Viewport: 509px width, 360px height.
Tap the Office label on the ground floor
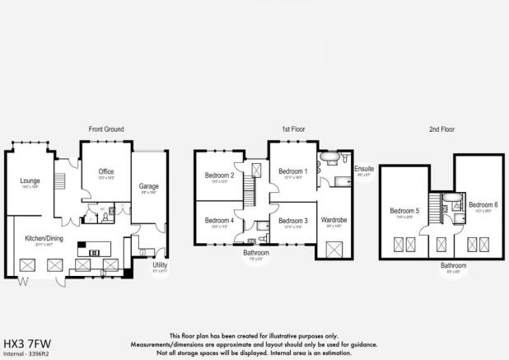pyautogui.click(x=105, y=171)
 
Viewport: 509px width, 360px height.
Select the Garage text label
pyautogui.click(x=148, y=186)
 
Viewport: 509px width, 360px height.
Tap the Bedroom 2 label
pyautogui.click(x=220, y=175)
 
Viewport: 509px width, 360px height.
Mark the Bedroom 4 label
pyautogui.click(x=220, y=220)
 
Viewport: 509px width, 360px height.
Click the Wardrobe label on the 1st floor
pyautogui.click(x=334, y=220)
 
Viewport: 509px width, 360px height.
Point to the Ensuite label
pyautogui.click(x=364, y=169)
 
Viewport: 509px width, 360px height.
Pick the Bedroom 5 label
pyautogui.click(x=404, y=211)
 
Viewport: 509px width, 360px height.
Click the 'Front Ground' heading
pyautogui.click(x=106, y=129)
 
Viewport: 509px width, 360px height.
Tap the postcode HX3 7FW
pyautogui.click(x=26, y=344)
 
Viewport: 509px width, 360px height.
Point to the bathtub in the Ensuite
pyautogui.click(x=327, y=157)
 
